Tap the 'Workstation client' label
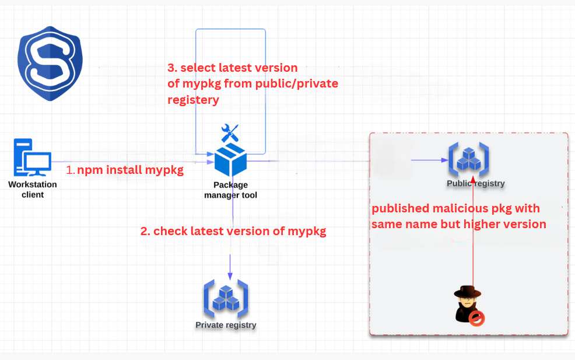coord(33,190)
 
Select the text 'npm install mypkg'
coord(130,170)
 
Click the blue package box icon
coord(230,160)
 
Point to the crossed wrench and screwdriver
coord(230,134)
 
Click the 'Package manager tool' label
coord(230,190)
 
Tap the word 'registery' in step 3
coord(193,100)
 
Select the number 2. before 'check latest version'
coord(145,231)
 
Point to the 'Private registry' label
coord(226,325)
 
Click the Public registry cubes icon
coord(468,158)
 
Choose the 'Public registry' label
coord(475,183)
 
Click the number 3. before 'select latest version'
coord(172,68)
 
